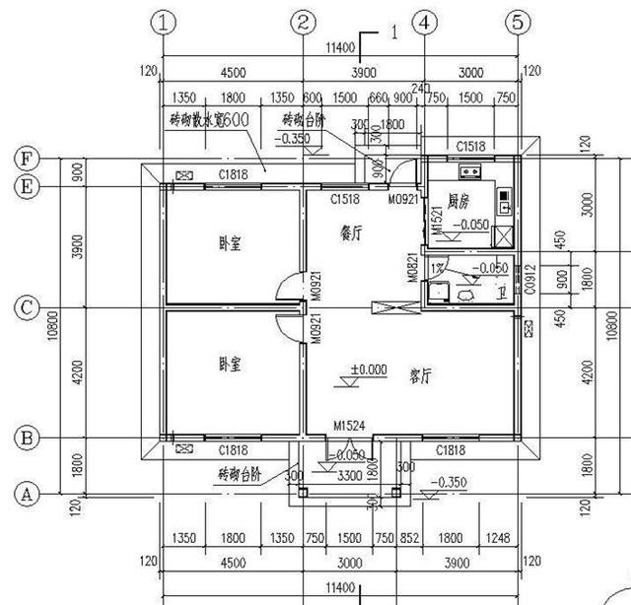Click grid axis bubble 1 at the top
(x=163, y=23)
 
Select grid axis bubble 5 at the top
(x=520, y=23)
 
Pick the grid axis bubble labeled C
(x=26, y=308)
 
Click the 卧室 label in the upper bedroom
(x=231, y=243)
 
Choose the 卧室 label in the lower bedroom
(x=231, y=364)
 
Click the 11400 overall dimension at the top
(x=340, y=46)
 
